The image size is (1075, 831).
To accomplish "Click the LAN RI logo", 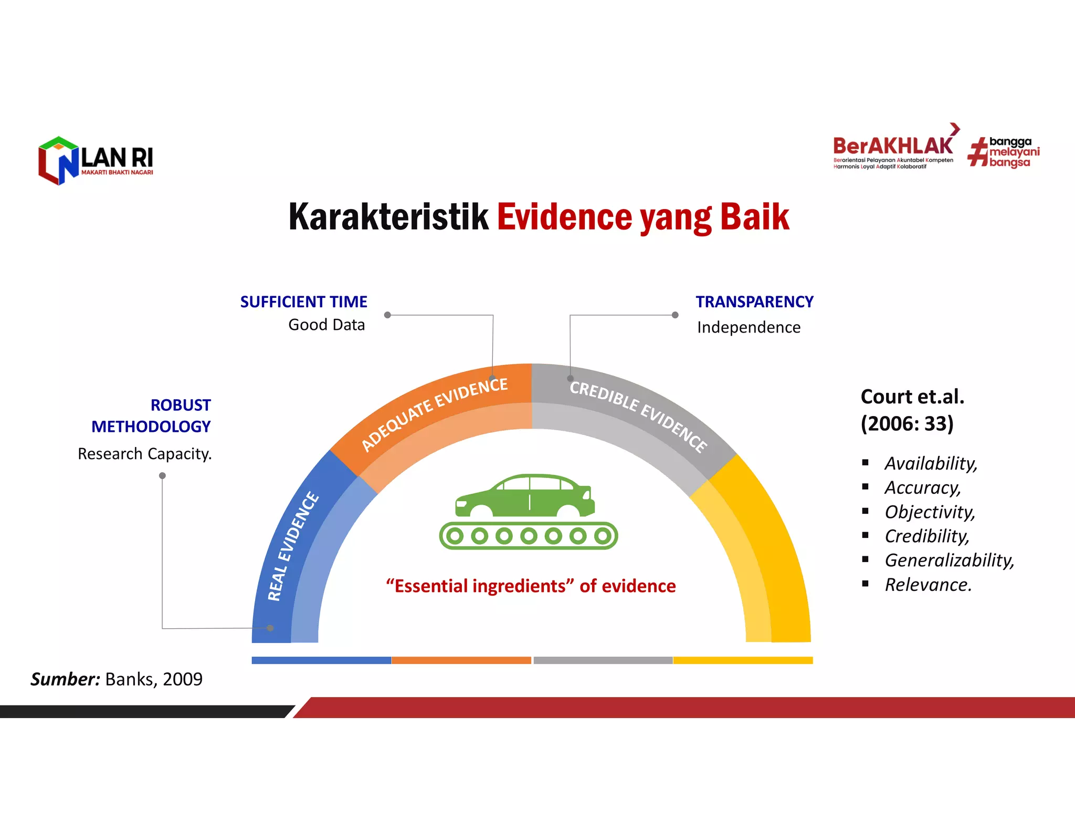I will coord(96,161).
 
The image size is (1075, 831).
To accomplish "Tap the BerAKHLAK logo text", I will coord(893,146).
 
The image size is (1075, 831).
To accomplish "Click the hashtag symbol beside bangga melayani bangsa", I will coord(977,152).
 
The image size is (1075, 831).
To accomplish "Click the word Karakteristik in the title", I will coord(388,217).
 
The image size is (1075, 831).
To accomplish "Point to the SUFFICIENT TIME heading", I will coord(303,302).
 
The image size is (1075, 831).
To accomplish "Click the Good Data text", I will coord(326,325).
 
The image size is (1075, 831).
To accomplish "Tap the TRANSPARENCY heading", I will coord(754,302).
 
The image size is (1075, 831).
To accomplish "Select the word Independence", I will coord(749,327).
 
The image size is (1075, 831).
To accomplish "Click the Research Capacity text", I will coord(144,454).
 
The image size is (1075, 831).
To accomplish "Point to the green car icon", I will coord(525,496).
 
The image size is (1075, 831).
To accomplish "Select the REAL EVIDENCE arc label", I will coord(293,546).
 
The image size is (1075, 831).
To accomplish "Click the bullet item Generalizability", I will coord(949,560).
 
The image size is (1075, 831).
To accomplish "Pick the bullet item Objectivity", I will coord(930,512).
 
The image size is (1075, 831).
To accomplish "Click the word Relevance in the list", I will coord(928,585).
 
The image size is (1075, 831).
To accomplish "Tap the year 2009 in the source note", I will coord(182,679).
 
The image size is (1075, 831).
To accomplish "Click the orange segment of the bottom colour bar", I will coord(461,660).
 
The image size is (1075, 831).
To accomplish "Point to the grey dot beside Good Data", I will coord(387,315).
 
